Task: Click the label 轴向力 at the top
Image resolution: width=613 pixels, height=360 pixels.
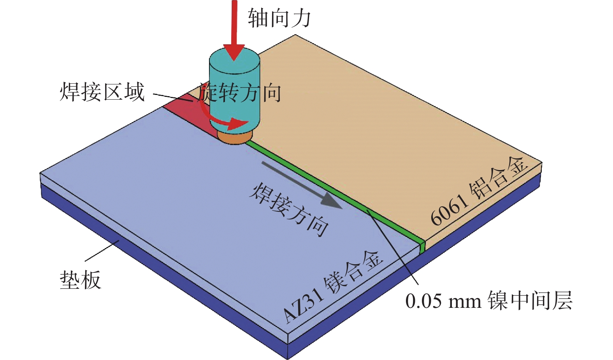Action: pos(279,18)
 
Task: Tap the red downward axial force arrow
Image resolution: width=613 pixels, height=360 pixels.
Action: pos(234,30)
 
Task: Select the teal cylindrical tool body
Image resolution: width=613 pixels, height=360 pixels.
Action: pos(234,91)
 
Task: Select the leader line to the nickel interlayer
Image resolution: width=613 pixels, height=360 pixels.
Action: pos(393,247)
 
